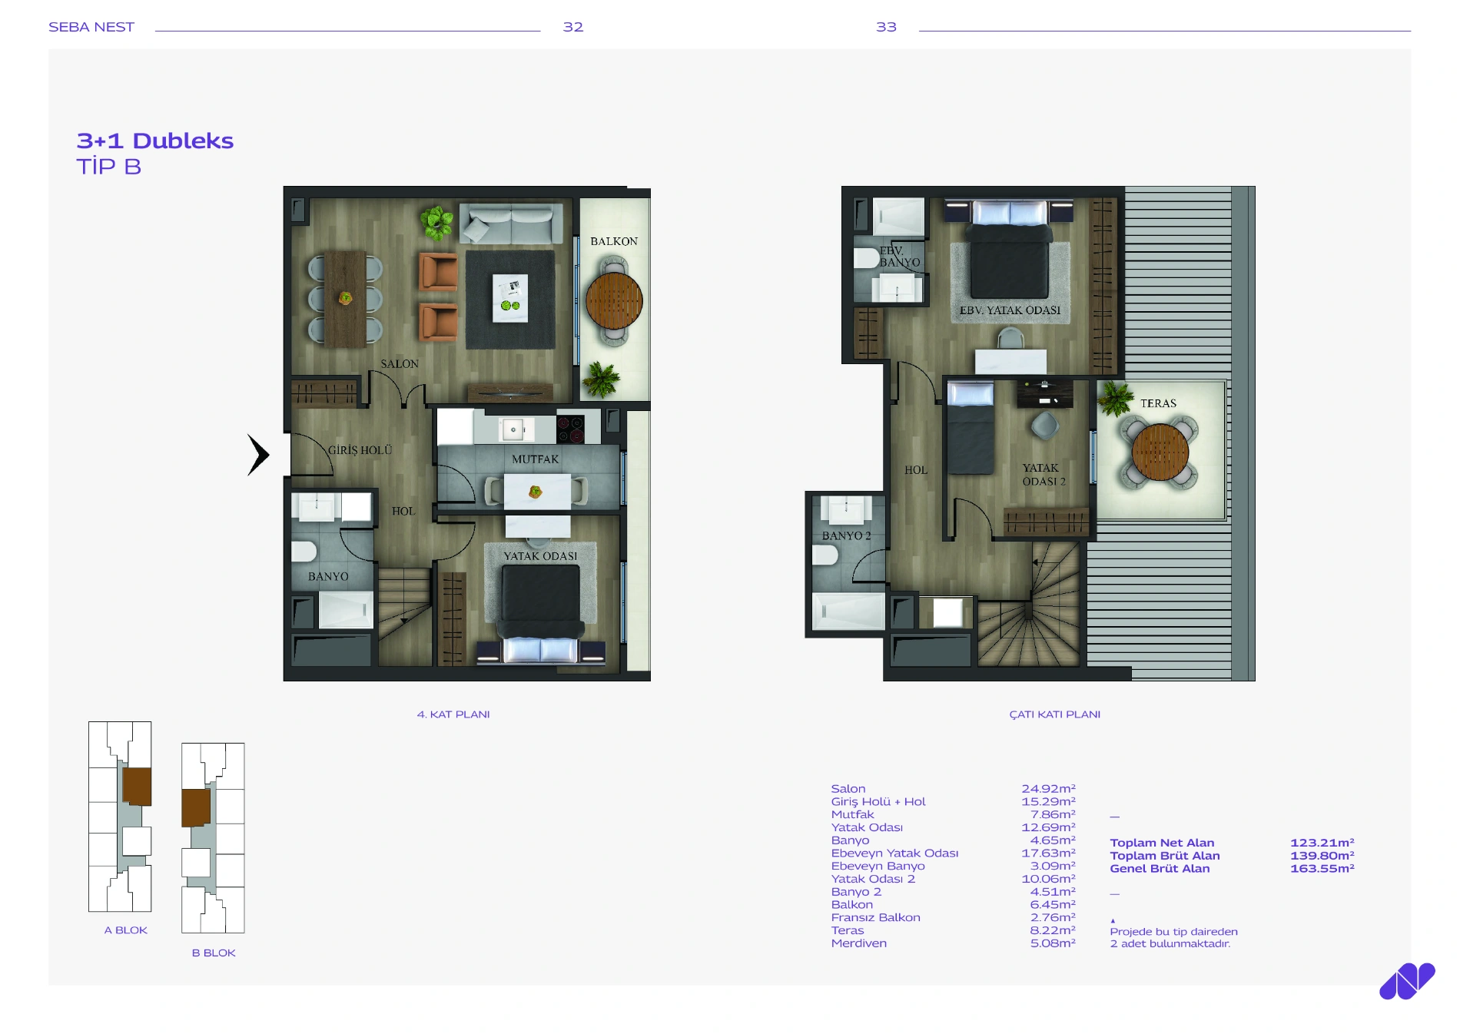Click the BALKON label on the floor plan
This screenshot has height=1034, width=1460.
pyautogui.click(x=613, y=241)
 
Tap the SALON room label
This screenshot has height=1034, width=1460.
pyautogui.click(x=400, y=363)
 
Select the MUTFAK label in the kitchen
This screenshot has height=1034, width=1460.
pyautogui.click(x=535, y=459)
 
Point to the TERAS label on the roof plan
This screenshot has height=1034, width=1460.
pyautogui.click(x=1158, y=403)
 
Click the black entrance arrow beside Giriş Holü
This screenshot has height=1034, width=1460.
pyautogui.click(x=258, y=455)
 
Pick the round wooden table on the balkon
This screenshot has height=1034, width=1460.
pyautogui.click(x=614, y=300)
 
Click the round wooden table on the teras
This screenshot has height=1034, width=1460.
pyautogui.click(x=1160, y=452)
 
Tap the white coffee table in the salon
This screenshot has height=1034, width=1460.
pyautogui.click(x=510, y=298)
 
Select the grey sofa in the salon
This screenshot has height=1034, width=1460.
pyautogui.click(x=511, y=223)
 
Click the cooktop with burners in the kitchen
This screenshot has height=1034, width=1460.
pyautogui.click(x=570, y=429)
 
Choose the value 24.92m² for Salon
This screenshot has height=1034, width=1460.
pyautogui.click(x=1048, y=788)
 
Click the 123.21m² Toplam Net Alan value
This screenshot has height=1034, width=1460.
pyautogui.click(x=1322, y=843)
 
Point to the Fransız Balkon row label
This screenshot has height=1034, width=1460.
pyautogui.click(x=875, y=917)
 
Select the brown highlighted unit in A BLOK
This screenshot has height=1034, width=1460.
pyautogui.click(x=137, y=786)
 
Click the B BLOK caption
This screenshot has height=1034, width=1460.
pyautogui.click(x=214, y=953)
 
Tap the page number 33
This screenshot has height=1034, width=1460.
pyautogui.click(x=886, y=27)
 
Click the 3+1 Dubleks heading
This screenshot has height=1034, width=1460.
pyautogui.click(x=155, y=141)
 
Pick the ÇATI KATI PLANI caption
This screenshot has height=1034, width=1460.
pyautogui.click(x=1054, y=714)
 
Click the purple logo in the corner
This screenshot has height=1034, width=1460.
pyautogui.click(x=1407, y=981)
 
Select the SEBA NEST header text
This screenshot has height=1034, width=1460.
pyautogui.click(x=91, y=27)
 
